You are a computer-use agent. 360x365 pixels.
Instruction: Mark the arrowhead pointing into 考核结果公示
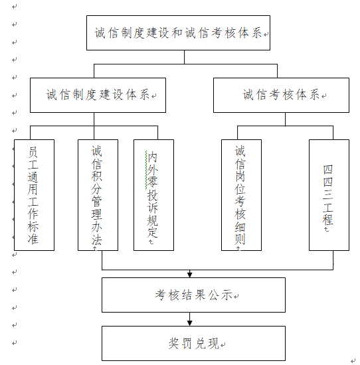[190, 275]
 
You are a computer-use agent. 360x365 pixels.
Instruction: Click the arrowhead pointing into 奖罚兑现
[190, 323]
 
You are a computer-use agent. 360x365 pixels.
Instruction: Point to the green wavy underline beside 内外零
[146, 170]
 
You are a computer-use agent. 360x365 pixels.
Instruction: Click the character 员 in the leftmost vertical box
[33, 152]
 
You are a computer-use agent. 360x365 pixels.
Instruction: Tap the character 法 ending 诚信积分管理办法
[97, 240]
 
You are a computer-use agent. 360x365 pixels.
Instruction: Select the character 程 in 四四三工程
[327, 220]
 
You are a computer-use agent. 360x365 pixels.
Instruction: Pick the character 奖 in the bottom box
[174, 343]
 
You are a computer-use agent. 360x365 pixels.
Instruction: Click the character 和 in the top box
[177, 33]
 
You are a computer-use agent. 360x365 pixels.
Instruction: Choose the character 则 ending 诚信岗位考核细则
[240, 240]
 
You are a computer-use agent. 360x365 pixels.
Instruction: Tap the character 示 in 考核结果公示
[227, 295]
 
